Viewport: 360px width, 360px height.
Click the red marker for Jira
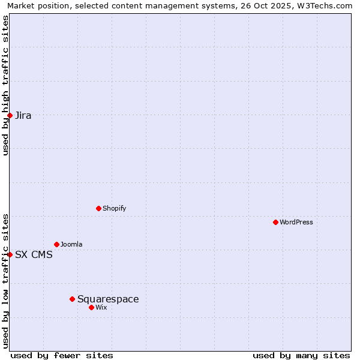(10, 115)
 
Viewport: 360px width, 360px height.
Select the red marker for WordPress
(275, 222)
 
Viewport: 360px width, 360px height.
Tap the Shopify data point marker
(98, 208)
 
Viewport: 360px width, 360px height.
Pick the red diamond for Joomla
(56, 244)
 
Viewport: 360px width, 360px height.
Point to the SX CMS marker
(10, 254)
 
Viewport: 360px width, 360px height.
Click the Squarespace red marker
(72, 299)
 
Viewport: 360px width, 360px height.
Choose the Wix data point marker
(91, 307)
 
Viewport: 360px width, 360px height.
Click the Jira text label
(23, 115)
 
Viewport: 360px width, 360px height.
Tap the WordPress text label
(296, 222)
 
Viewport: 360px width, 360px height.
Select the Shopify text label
(114, 208)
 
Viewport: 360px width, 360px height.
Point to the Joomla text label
(71, 244)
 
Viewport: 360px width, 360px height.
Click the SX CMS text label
(34, 254)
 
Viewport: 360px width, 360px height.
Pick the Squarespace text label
(108, 299)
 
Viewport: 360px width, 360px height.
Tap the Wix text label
(101, 307)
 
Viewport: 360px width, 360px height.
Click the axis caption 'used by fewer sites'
(62, 355)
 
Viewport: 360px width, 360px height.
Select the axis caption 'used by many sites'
(301, 355)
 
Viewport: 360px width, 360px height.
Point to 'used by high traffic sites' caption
(5, 85)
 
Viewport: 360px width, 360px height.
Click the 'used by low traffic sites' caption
(5, 281)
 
